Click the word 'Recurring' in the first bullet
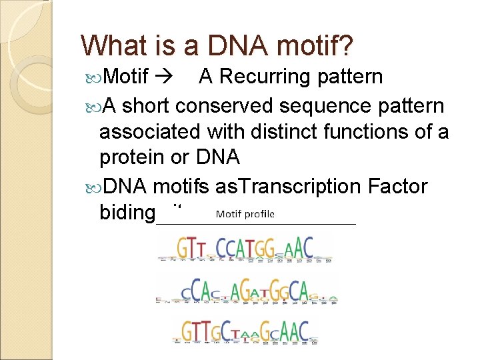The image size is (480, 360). click(267, 77)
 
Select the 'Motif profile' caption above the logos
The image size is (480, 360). click(245, 215)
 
